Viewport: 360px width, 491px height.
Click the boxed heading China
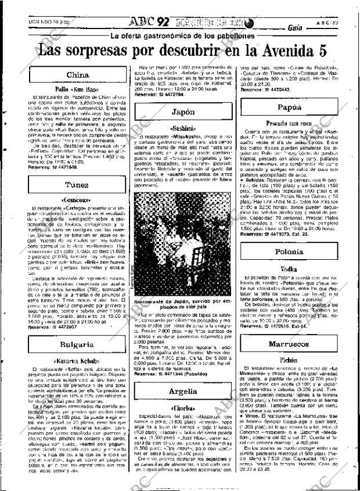point(77,76)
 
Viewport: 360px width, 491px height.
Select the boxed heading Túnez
point(77,185)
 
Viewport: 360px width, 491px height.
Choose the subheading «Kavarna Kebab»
point(77,361)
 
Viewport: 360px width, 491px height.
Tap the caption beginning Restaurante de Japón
point(182,305)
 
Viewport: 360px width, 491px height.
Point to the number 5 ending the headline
point(336,51)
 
